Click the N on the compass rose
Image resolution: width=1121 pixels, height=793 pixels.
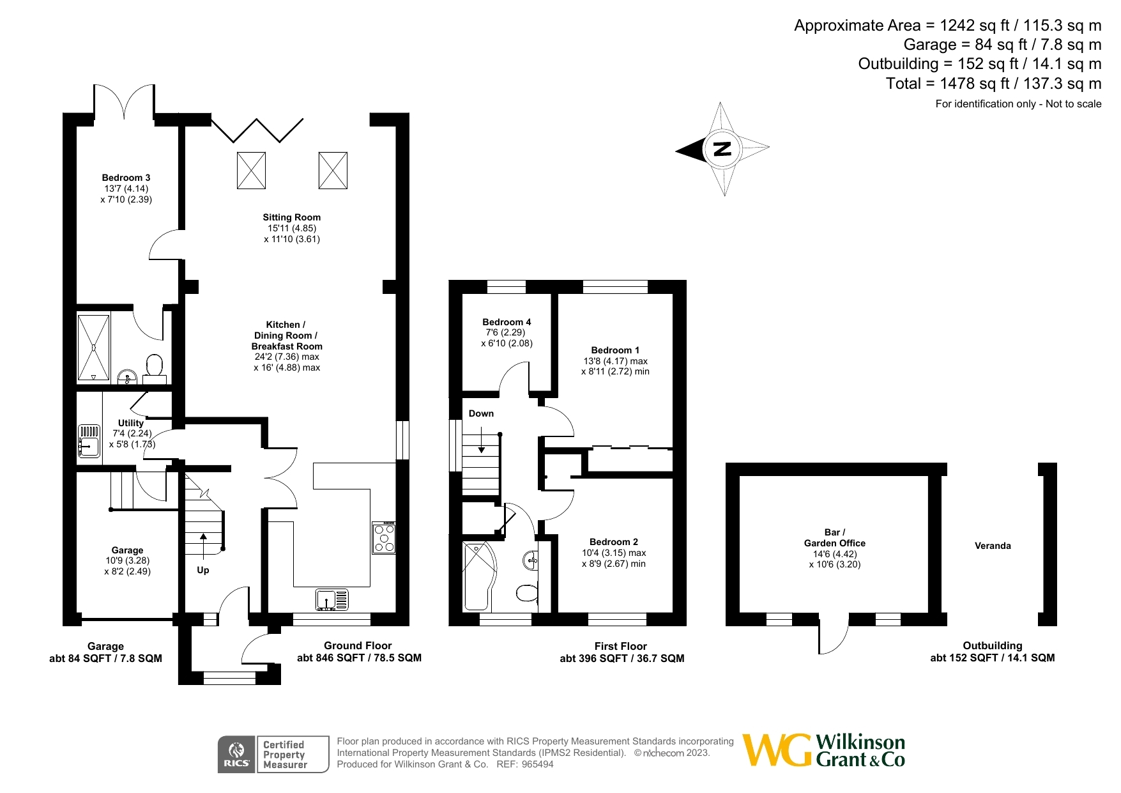pyautogui.click(x=722, y=149)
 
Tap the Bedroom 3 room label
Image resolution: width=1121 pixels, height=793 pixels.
pyautogui.click(x=126, y=178)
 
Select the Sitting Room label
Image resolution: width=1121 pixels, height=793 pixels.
pyautogui.click(x=291, y=217)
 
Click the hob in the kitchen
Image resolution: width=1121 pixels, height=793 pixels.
pyautogui.click(x=384, y=537)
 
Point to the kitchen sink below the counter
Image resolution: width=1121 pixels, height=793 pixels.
pyautogui.click(x=332, y=600)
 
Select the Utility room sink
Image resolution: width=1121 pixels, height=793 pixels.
pyautogui.click(x=89, y=442)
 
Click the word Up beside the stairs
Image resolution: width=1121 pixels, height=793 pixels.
pyautogui.click(x=202, y=570)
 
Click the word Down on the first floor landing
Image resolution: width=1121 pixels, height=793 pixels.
pyautogui.click(x=481, y=413)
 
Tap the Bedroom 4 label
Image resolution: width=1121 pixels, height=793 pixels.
pyautogui.click(x=507, y=322)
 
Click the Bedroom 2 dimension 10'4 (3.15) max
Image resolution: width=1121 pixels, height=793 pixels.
pyautogui.click(x=614, y=553)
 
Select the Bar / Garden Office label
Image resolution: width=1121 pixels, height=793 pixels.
pyautogui.click(x=834, y=537)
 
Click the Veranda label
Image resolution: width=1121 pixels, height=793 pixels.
pyautogui.click(x=993, y=546)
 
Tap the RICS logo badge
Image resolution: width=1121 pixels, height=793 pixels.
pyautogui.click(x=236, y=755)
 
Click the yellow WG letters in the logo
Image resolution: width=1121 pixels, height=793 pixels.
pyautogui.click(x=777, y=750)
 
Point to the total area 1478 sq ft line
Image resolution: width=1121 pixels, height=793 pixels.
pyautogui.click(x=993, y=84)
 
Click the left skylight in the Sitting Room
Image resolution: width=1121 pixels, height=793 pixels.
pyautogui.click(x=251, y=171)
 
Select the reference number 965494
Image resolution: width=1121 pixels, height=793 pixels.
pyautogui.click(x=537, y=764)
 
